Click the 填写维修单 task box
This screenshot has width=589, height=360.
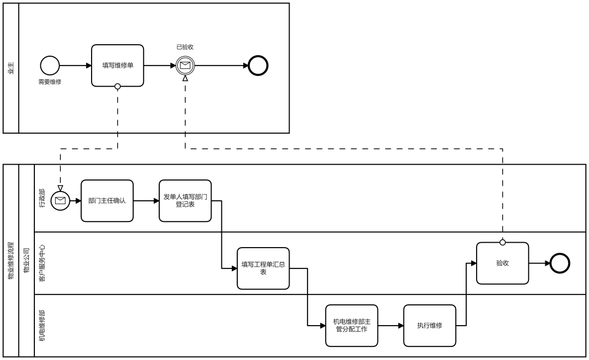click(118, 66)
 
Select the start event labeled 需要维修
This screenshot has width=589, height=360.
click(50, 66)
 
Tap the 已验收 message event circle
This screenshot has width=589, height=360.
click(185, 66)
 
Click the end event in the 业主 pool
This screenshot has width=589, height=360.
click(258, 66)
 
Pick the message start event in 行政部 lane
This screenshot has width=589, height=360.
click(61, 201)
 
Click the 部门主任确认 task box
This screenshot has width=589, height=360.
click(107, 201)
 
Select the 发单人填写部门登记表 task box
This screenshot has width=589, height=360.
click(185, 201)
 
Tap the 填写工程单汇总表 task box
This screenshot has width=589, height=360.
click(263, 268)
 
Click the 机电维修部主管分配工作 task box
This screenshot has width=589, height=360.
click(352, 326)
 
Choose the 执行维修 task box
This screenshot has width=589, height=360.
click(430, 326)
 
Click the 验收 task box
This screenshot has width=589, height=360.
click(503, 263)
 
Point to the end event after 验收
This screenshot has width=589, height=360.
click(560, 263)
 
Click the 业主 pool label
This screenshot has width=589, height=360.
click(11, 68)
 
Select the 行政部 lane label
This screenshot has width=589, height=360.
click(41, 198)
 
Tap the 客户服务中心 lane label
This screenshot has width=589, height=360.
click(41, 263)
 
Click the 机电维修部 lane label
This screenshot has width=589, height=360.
click(41, 326)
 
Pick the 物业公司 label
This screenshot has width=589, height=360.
click(26, 260)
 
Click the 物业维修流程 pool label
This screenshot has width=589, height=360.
click(11, 260)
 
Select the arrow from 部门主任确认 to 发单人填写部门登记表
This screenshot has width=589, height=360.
click(146, 201)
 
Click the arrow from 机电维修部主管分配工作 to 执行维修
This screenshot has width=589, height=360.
click(390, 326)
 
